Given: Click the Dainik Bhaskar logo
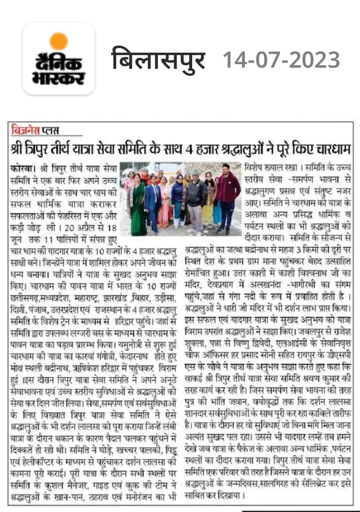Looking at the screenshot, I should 58,58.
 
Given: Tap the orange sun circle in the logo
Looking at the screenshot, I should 58,41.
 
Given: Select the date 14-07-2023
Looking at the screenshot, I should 281,60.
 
